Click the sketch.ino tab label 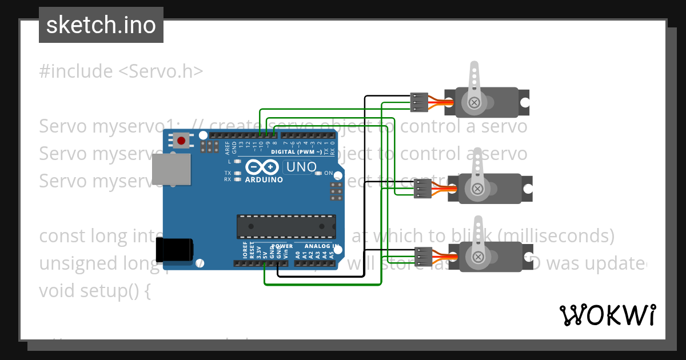point(101,25)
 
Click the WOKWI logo point(607,315)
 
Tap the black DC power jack point(175,250)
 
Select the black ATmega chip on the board point(286,226)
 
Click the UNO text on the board point(301,167)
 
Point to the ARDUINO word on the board point(264,179)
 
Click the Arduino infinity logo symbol point(264,167)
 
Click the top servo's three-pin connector point(419,102)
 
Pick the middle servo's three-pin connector point(422,188)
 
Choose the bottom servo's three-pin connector point(424,257)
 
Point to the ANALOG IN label point(321,246)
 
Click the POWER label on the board point(282,246)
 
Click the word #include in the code point(76,71)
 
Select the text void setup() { point(95,290)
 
